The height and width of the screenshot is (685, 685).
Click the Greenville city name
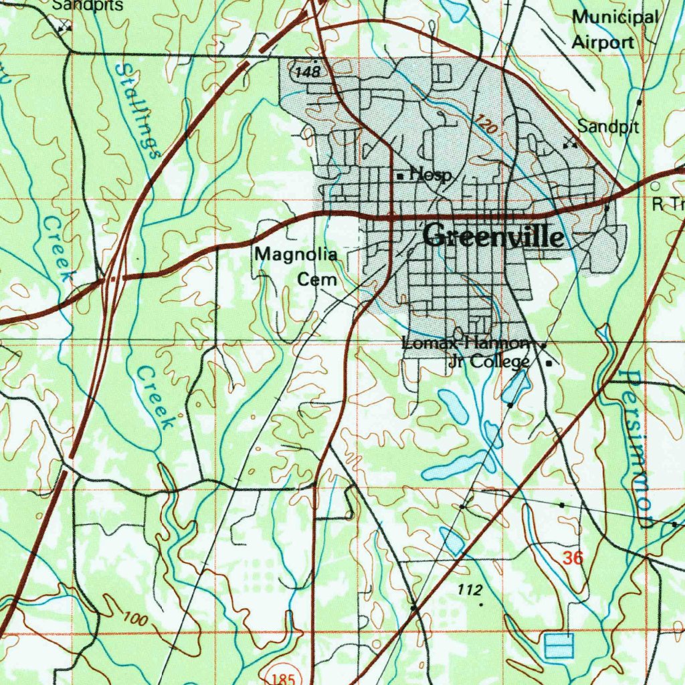coord(494,236)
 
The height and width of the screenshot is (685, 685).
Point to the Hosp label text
coord(431,175)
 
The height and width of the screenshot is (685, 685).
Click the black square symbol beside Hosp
coord(400,177)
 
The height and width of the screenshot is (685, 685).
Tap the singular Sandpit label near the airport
coord(608,126)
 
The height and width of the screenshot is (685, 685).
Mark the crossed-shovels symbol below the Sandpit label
coord(570,142)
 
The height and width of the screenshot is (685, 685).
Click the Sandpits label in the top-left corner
coord(88,5)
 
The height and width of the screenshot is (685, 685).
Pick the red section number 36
coord(573,558)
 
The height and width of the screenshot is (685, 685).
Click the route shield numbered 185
coord(284,678)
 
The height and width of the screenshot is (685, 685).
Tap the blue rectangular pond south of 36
coord(559,646)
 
